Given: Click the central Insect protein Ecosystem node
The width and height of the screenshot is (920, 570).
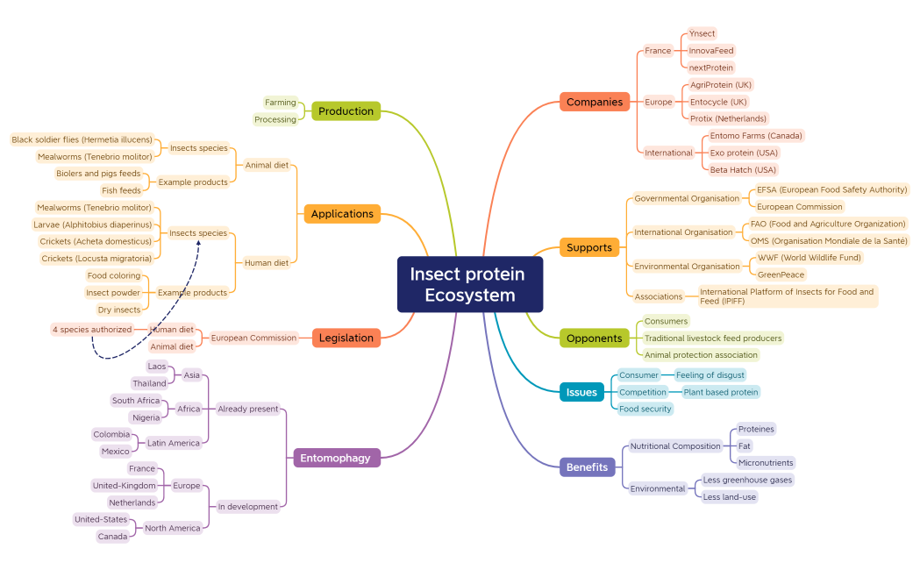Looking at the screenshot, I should point(470,284).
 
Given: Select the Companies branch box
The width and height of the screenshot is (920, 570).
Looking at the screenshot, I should point(595,102).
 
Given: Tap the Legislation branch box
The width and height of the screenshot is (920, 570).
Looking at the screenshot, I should point(346,338).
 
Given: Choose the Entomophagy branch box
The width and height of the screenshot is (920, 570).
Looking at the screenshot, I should point(336,458).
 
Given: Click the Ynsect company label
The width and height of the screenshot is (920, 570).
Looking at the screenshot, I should point(702,33).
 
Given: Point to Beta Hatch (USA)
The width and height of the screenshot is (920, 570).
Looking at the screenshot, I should point(743,169).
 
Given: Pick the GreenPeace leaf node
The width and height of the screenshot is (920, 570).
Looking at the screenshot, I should point(780,274).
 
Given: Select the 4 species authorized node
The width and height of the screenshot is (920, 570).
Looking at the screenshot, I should point(92,330).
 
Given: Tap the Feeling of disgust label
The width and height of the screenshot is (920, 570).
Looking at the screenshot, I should point(710,374).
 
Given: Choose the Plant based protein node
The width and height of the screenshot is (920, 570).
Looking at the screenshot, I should point(720,392).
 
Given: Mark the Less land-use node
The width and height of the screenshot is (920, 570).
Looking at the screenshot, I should point(729,496).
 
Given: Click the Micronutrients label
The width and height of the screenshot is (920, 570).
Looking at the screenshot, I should point(765,462).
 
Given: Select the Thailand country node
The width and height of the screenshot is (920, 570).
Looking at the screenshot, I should point(149,383).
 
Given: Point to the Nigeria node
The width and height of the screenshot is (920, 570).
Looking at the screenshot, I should point(146,417).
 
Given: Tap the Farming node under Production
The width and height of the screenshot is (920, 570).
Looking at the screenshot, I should point(281,103).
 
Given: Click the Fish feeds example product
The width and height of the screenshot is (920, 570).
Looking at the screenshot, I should point(121,190).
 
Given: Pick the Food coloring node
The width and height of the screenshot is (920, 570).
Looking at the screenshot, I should point(113,275).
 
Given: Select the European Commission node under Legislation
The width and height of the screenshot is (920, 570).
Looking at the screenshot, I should point(253,338).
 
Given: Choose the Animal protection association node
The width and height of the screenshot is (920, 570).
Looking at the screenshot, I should point(700,355).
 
